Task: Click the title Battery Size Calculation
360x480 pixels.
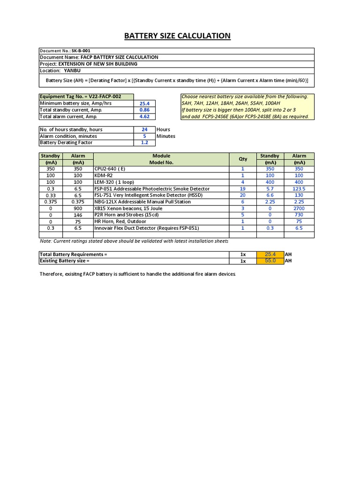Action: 177,36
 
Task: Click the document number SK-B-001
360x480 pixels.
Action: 81,51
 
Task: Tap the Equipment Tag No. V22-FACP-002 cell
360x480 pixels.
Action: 81,97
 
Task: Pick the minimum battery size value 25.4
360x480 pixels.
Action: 144,104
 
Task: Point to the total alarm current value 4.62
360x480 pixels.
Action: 144,117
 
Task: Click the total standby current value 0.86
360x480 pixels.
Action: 144,110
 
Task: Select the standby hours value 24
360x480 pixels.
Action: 144,129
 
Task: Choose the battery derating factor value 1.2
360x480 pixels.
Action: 144,142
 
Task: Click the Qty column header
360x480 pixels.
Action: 243,159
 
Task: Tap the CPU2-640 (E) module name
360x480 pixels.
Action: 110,169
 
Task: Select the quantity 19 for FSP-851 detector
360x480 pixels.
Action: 243,189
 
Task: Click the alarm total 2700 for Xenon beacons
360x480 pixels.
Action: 299,208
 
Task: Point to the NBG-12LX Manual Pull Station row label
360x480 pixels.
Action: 142,202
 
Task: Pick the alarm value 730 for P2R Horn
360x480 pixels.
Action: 299,215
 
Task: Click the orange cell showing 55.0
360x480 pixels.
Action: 270,261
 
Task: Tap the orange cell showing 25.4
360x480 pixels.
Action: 270,254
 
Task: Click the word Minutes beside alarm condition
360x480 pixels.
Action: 166,136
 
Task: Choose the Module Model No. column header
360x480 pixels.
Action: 161,159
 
